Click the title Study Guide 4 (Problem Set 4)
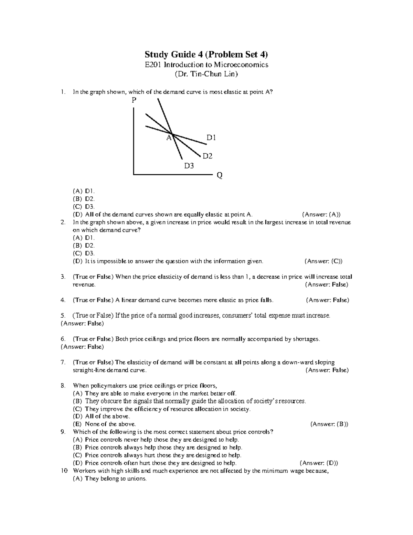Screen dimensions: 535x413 click(x=206, y=54)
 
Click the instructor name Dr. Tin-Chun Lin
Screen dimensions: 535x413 click(x=206, y=74)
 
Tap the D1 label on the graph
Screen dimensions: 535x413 click(x=211, y=138)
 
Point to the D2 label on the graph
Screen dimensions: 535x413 click(x=207, y=156)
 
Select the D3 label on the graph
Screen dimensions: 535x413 click(x=189, y=166)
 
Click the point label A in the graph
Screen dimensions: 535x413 click(x=169, y=138)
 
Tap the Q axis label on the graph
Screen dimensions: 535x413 click(x=219, y=176)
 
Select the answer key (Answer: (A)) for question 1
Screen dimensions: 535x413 click(x=321, y=215)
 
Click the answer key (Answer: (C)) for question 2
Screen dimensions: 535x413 click(x=324, y=261)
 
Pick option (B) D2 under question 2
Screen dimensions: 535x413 click(x=84, y=246)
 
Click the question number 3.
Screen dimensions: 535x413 click(x=62, y=277)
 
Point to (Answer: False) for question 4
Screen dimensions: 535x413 click(x=327, y=300)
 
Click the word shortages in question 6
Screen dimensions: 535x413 click(x=306, y=339)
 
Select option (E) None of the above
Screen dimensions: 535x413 click(x=104, y=424)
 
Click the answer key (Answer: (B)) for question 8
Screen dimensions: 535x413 click(x=329, y=424)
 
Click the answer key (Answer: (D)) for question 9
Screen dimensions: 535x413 click(x=319, y=463)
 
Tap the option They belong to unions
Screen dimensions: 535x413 click(x=110, y=479)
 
